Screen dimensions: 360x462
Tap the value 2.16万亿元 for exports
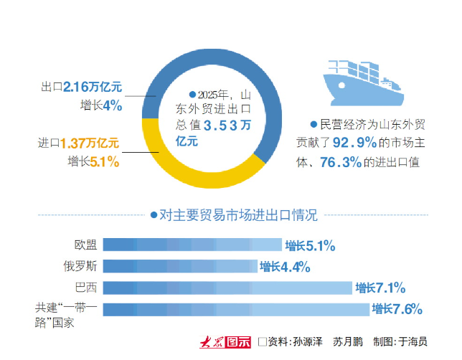pos(93,87)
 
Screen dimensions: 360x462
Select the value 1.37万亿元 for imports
pos(90,143)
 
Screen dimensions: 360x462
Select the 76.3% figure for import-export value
pos(341,162)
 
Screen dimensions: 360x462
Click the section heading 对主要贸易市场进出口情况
pos(237,214)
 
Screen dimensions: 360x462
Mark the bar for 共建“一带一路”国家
pos(236,309)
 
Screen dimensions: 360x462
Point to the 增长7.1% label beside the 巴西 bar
pos(380,288)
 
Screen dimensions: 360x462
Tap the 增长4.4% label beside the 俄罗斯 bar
pos(285,267)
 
